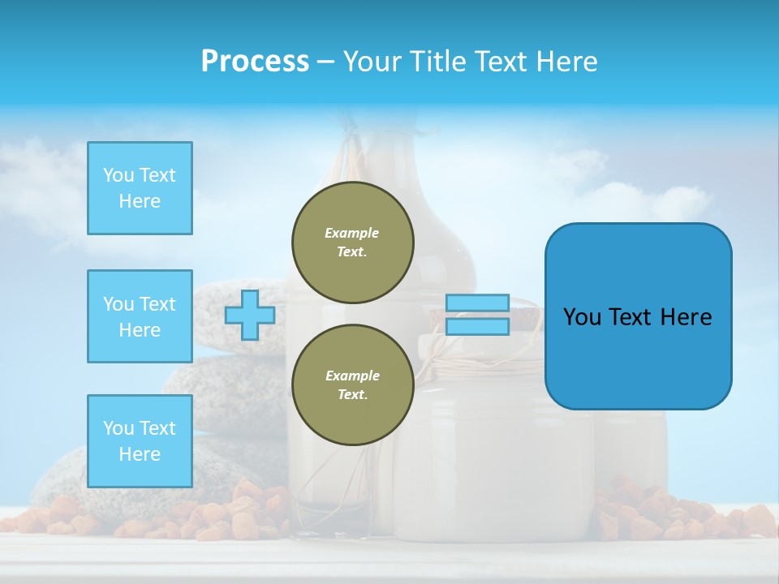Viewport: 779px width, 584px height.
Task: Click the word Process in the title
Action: point(255,62)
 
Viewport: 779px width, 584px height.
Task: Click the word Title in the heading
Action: point(437,62)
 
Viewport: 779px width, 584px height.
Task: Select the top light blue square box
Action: point(140,188)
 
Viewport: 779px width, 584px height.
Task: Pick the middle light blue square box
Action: point(140,316)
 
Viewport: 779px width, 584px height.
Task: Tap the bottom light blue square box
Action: point(140,441)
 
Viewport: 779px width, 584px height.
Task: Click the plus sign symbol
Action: point(250,316)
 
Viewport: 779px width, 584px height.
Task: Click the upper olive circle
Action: point(352,243)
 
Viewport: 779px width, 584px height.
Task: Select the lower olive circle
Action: point(352,385)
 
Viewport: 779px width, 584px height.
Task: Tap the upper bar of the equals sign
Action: point(477,303)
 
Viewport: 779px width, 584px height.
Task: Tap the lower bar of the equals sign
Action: point(477,327)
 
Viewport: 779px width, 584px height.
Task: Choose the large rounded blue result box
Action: point(638,316)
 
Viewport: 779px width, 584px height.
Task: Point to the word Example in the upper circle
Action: point(352,233)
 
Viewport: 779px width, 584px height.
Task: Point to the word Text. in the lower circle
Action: point(352,395)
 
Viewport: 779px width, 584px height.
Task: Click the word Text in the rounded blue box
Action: point(631,317)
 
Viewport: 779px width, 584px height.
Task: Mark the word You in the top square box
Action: point(118,175)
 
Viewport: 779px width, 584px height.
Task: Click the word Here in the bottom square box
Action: point(140,454)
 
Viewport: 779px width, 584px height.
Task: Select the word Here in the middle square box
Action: point(140,330)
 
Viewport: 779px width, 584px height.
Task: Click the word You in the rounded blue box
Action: point(582,317)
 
